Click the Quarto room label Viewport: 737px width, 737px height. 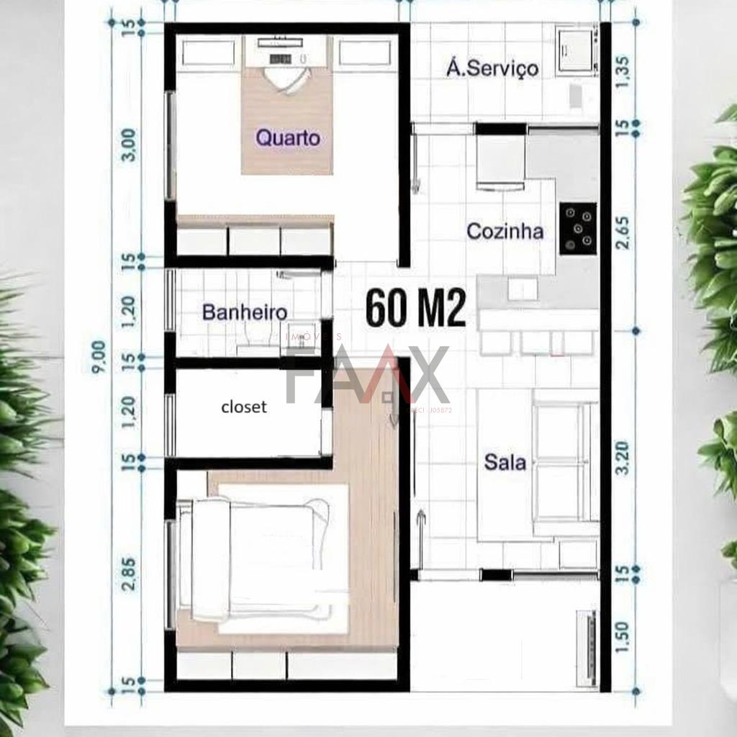[288, 137]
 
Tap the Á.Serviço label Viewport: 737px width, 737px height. [492, 68]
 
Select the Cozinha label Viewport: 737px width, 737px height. [505, 232]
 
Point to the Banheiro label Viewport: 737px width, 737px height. [245, 312]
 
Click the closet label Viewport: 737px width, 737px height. [244, 407]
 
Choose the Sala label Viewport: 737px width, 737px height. [505, 462]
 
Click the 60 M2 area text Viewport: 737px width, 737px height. [417, 309]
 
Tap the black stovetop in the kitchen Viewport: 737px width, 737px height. [578, 228]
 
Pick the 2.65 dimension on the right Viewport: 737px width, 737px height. [623, 232]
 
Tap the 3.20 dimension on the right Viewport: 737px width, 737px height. [623, 458]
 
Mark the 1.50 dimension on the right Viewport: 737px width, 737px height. [623, 636]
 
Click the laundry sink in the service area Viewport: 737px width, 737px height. [576, 49]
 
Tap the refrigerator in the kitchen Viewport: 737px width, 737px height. [499, 162]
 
